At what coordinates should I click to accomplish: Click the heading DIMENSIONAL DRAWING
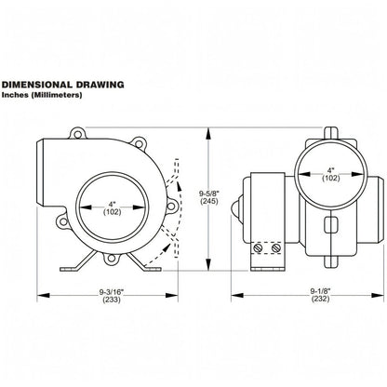(x=63, y=85)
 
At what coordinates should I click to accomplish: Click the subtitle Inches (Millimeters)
(x=42, y=95)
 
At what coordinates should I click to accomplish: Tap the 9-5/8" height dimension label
(x=208, y=194)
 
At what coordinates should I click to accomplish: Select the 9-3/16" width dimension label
(x=112, y=292)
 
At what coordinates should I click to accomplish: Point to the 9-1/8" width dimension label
(x=321, y=291)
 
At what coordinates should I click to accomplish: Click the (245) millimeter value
(x=209, y=201)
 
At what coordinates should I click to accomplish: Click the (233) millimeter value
(x=112, y=300)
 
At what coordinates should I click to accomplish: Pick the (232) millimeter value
(x=321, y=299)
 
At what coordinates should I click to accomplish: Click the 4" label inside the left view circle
(x=112, y=205)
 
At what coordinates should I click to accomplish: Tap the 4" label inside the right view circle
(x=331, y=170)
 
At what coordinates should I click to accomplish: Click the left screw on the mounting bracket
(x=259, y=247)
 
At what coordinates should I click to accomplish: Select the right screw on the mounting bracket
(x=276, y=247)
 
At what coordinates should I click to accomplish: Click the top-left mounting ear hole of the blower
(x=77, y=134)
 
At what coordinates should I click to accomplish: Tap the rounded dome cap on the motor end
(x=237, y=208)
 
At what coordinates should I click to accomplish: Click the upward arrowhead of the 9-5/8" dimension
(x=209, y=134)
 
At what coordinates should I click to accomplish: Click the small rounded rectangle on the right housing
(x=330, y=224)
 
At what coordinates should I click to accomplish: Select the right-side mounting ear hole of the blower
(x=171, y=206)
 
